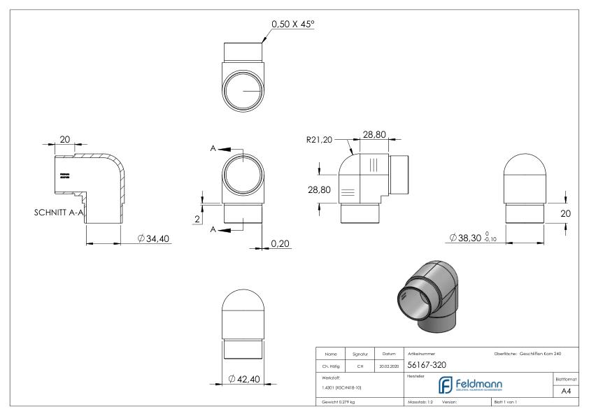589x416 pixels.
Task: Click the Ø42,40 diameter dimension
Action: [x=245, y=379]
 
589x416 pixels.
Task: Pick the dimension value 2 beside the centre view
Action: [x=198, y=218]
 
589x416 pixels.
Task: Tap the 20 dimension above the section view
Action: [x=64, y=140]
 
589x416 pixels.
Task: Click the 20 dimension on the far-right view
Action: [x=568, y=213]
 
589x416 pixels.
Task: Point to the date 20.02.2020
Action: [x=389, y=365]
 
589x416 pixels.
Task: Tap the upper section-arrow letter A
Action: [x=213, y=148]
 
